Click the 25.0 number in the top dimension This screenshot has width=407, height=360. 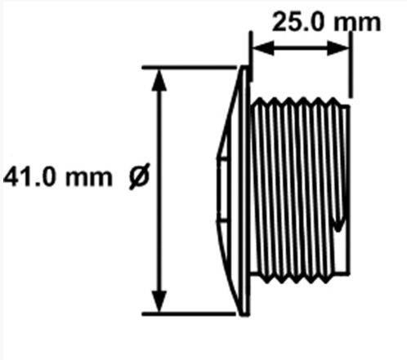(299, 22)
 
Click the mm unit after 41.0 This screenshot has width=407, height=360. (89, 178)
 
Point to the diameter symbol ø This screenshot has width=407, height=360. (139, 176)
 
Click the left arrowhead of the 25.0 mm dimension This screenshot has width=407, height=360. (263, 48)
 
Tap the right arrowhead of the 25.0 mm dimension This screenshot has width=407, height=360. (338, 48)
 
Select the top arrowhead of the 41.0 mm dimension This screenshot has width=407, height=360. (159, 80)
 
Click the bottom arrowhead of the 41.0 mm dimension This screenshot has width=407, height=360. (159, 301)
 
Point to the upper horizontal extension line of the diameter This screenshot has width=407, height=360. (190, 67)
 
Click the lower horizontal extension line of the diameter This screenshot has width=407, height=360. (189, 314)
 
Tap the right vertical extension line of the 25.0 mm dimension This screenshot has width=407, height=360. (351, 65)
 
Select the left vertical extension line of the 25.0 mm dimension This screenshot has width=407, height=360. (251, 56)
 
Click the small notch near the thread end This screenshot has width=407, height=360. (338, 221)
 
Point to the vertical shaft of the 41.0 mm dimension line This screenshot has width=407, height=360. (159, 190)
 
